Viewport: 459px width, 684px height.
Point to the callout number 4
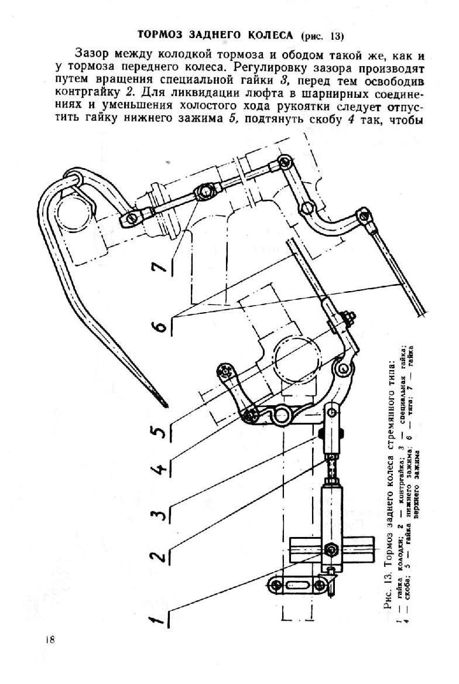[x=158, y=468]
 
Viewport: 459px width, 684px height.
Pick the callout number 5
[x=158, y=430]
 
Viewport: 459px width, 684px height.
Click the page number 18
[x=49, y=640]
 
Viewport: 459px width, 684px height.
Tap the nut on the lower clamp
[x=348, y=317]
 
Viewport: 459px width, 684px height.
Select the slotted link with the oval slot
[x=297, y=584]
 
